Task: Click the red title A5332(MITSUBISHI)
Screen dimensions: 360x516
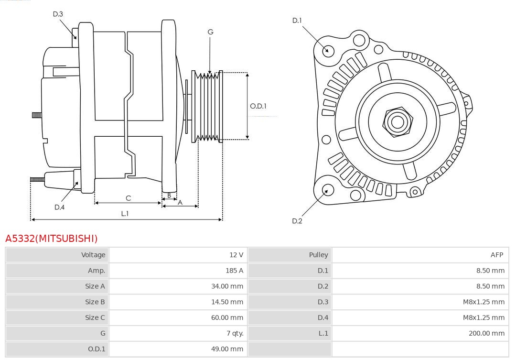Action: (51, 239)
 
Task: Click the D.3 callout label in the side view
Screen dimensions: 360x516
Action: (58, 14)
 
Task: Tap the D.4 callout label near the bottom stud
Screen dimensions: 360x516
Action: (59, 207)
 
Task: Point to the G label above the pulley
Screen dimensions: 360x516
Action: (210, 32)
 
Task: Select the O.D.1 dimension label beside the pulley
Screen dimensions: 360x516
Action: (258, 106)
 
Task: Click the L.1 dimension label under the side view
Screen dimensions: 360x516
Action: (125, 214)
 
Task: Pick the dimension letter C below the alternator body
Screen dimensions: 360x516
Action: (128, 198)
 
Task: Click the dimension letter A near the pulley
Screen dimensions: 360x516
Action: (180, 202)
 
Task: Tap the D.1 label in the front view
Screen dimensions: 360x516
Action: (297, 21)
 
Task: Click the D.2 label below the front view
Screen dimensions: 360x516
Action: (297, 221)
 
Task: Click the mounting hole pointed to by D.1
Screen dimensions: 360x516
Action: (328, 50)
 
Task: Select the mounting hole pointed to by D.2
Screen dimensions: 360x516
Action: (327, 190)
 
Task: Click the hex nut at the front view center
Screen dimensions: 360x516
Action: (397, 121)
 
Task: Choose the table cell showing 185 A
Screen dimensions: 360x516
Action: (234, 271)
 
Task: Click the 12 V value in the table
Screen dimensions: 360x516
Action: (236, 255)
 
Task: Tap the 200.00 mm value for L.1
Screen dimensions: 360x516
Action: (486, 333)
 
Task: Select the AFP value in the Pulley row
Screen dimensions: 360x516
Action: (496, 255)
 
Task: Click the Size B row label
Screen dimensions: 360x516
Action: (95, 302)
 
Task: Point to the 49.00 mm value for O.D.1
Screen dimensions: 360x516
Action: (227, 349)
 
